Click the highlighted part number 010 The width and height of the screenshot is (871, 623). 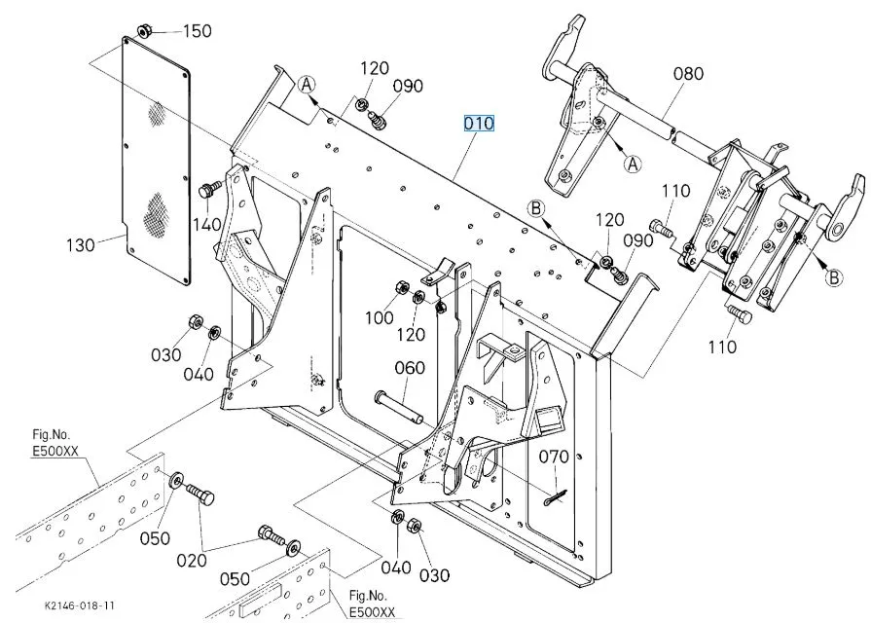coord(479,123)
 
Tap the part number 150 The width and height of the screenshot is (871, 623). coord(198,31)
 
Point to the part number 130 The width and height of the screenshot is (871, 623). coord(81,245)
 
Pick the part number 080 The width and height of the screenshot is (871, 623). coord(688,73)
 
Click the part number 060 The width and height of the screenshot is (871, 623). coord(410,368)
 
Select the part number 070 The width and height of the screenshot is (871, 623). coord(554,457)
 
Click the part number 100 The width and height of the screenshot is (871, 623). coord(379,318)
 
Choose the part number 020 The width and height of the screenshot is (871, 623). coord(192,561)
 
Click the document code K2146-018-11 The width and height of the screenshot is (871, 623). coord(80,605)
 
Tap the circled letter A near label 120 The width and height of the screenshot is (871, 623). coord(307,85)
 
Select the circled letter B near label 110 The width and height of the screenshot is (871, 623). coord(833,277)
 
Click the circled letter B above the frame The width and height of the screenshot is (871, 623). coord(536,208)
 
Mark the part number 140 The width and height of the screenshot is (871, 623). coord(207,225)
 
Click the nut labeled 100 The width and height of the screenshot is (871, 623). coord(401,288)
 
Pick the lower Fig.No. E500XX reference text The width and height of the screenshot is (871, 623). coord(372,605)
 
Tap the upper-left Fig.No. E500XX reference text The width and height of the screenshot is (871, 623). coord(55,442)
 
